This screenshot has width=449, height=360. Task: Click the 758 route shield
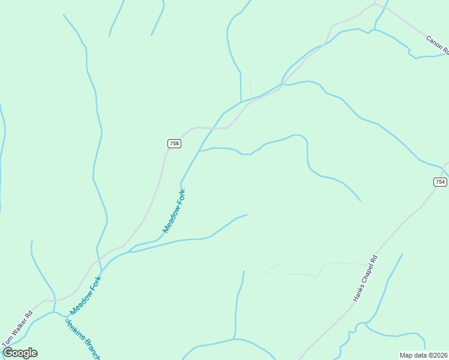(x=174, y=143)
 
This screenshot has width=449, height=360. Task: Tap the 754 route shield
(x=440, y=182)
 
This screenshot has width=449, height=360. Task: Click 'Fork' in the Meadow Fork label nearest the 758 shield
(x=181, y=199)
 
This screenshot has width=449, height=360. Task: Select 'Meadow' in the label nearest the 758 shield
(x=170, y=220)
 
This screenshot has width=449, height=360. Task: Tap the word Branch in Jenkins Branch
(x=91, y=348)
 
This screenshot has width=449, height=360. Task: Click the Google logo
(x=20, y=353)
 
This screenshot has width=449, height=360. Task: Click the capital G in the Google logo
(x=8, y=353)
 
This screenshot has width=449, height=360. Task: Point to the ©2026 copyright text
(x=435, y=355)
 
